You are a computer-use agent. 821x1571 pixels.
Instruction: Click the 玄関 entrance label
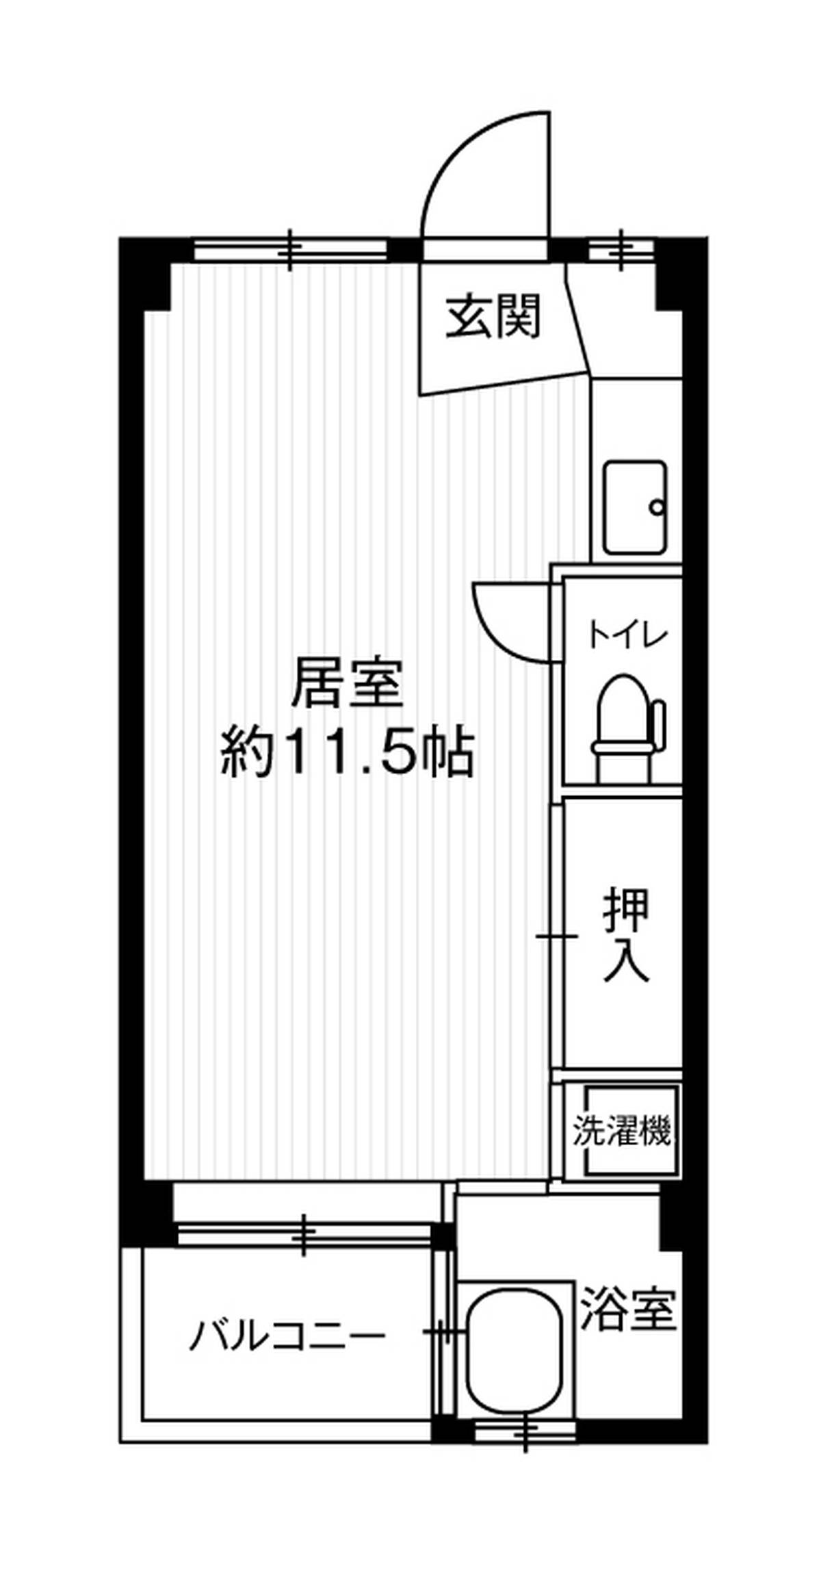493,317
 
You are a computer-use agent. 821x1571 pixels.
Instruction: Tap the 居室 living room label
346,682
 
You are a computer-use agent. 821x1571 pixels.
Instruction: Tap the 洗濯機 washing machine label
621,1131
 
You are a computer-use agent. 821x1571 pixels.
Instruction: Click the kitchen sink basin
634,507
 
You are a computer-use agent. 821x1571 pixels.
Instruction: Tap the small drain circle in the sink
657,508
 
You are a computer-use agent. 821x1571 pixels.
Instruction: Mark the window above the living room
291,250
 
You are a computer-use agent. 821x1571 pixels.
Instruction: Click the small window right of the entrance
622,250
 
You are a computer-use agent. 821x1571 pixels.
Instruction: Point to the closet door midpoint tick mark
556,935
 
